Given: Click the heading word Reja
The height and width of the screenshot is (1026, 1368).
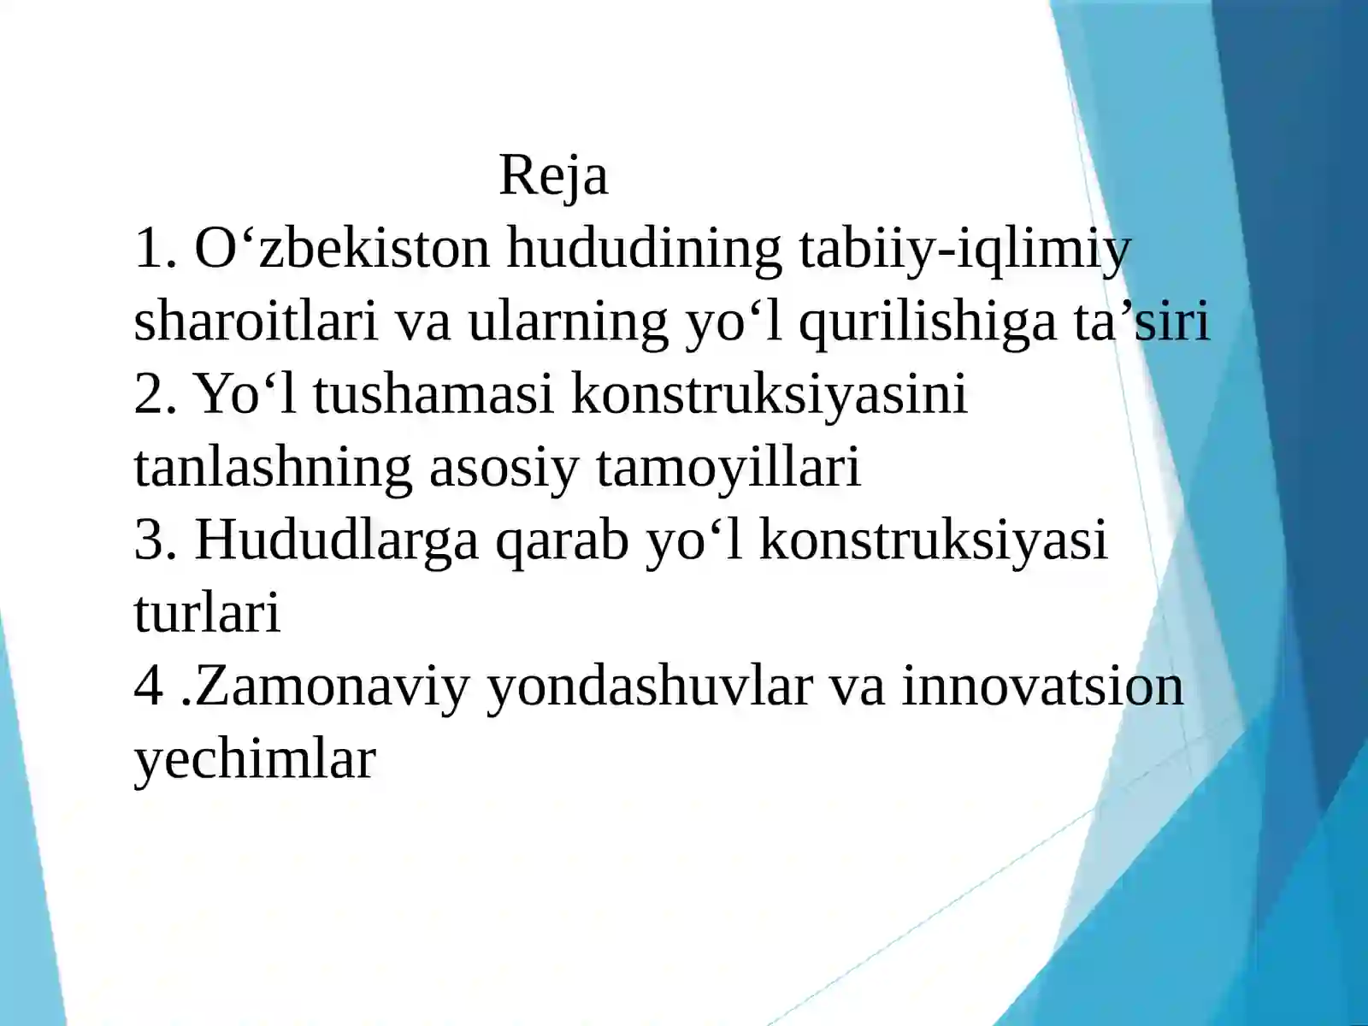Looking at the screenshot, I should click(x=553, y=175).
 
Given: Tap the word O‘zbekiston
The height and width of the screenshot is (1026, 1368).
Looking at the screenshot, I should click(x=342, y=249).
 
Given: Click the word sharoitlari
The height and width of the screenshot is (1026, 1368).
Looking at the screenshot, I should click(x=256, y=322).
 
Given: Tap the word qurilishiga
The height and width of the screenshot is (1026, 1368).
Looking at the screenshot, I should click(x=927, y=322).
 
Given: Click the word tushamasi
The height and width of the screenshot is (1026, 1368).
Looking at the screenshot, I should click(x=433, y=395).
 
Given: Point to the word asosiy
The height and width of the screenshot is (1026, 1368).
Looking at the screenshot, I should click(x=503, y=469).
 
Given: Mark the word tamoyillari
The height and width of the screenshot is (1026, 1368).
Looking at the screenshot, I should click(x=728, y=469).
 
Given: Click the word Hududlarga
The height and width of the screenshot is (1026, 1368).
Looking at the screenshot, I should click(x=337, y=541).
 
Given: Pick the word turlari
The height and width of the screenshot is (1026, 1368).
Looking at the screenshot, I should click(x=207, y=614).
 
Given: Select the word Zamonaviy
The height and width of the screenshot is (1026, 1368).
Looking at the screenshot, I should click(x=333, y=687).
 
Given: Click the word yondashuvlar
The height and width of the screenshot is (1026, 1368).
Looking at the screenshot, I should click(x=648, y=687).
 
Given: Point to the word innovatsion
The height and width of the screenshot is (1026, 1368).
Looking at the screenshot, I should click(x=1042, y=687).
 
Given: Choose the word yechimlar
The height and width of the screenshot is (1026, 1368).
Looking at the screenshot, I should click(x=255, y=759).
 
